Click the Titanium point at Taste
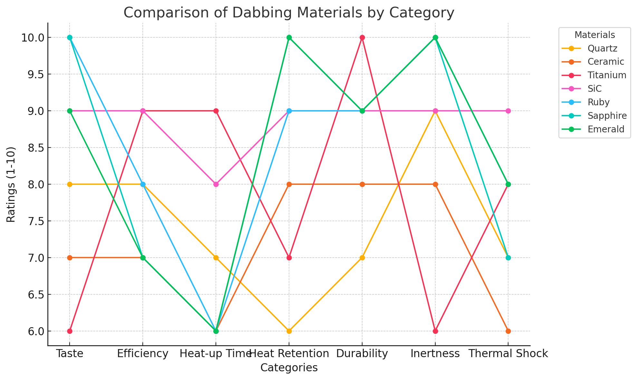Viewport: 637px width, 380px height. (x=70, y=331)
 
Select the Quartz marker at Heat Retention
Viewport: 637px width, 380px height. (x=289, y=331)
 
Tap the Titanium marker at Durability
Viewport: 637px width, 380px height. (x=362, y=37)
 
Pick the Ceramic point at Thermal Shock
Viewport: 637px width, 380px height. (x=508, y=331)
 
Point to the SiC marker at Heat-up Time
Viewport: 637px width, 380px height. (x=216, y=184)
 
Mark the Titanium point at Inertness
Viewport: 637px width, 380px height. (x=435, y=331)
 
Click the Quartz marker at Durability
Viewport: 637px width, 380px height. (x=362, y=258)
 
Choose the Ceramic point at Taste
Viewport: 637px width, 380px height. (x=70, y=258)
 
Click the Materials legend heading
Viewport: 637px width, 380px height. (x=594, y=35)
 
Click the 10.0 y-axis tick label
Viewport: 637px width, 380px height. (x=33, y=38)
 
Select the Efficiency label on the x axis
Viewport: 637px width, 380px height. (x=143, y=354)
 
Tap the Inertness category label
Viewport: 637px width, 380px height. (x=435, y=354)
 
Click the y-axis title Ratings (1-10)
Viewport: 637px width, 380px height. (x=11, y=185)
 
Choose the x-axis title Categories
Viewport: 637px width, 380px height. (x=289, y=368)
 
